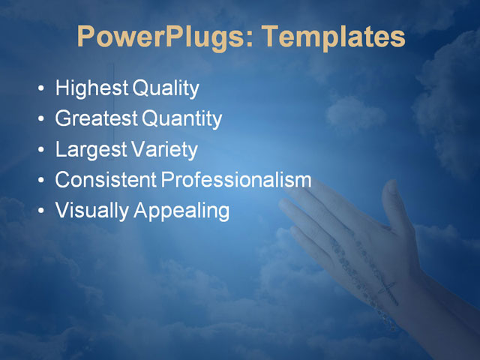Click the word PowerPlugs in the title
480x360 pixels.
(160, 37)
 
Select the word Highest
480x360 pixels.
(92, 89)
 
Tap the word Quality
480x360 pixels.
(166, 89)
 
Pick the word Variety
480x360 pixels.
(164, 150)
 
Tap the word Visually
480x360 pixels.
(92, 211)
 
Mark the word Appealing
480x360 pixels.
(181, 211)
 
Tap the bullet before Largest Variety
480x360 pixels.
(40, 151)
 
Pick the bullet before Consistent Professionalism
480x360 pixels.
(40, 181)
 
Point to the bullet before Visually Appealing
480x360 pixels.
(40, 211)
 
